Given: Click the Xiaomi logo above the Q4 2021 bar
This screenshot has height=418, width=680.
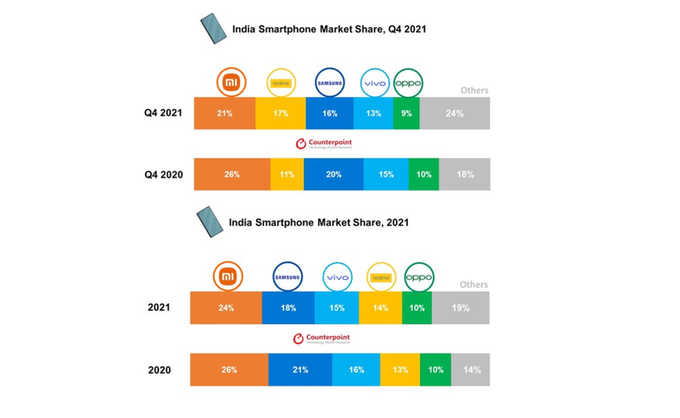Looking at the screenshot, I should click(x=232, y=82).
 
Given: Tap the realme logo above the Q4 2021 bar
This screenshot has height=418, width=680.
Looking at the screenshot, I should click(x=281, y=82).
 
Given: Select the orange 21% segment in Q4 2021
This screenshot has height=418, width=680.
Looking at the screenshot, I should click(x=225, y=114).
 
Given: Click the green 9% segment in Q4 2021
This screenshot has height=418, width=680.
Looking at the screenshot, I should click(x=406, y=114).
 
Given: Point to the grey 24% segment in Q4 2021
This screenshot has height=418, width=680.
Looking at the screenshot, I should click(x=454, y=114).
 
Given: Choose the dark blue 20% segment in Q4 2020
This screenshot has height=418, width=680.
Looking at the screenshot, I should click(x=334, y=175).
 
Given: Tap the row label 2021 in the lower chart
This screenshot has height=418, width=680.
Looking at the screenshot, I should click(x=158, y=307).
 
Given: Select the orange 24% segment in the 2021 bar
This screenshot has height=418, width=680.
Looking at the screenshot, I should click(x=226, y=307).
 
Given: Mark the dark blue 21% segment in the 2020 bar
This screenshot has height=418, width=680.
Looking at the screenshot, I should click(x=300, y=370).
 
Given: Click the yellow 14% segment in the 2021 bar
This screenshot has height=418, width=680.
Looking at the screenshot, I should click(x=380, y=307).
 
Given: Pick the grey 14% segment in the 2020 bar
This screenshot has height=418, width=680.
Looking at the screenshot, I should click(x=471, y=370).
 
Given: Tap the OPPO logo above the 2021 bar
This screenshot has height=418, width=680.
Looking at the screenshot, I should click(x=418, y=277).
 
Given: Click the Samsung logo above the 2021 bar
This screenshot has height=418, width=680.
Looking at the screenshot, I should click(x=287, y=277).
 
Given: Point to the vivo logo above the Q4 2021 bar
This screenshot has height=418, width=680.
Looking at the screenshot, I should click(x=374, y=82).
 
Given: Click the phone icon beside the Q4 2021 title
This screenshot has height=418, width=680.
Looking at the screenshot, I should click(x=213, y=29).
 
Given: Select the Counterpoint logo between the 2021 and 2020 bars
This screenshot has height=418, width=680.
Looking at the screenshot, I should click(x=321, y=339).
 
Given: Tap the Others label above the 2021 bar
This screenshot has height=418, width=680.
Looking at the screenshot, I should click(x=474, y=284).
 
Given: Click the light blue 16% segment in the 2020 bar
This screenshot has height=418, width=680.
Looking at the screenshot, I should click(x=356, y=370).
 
